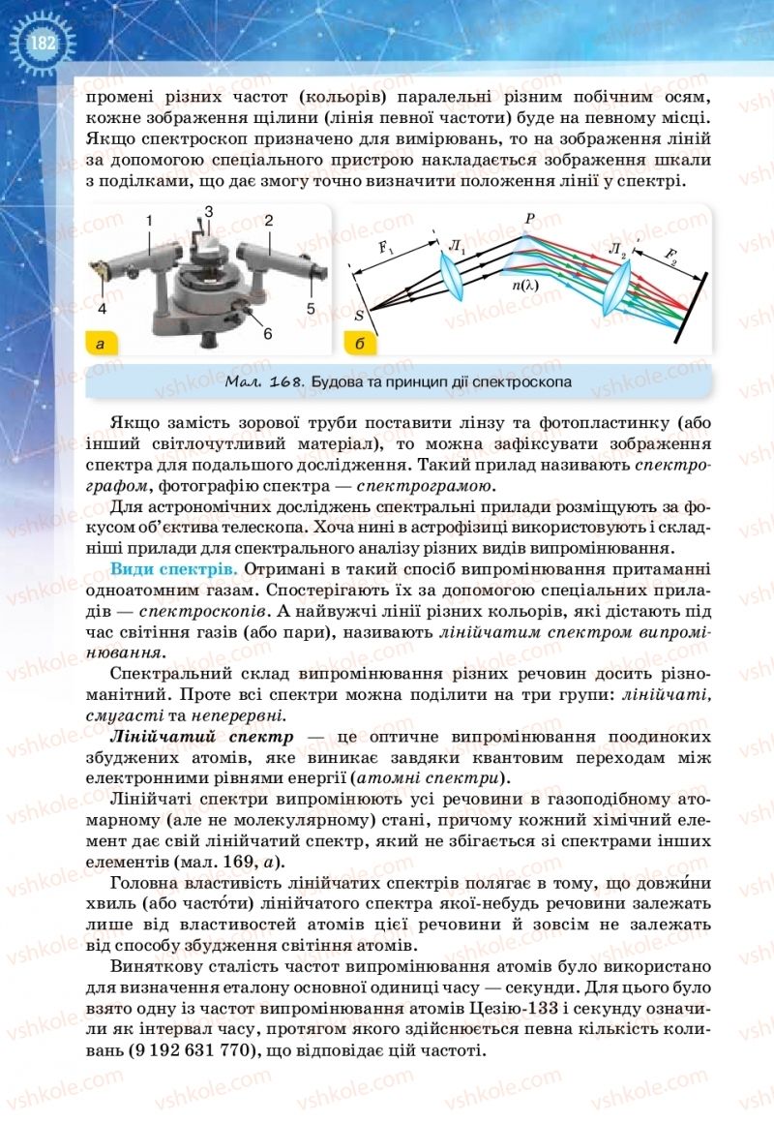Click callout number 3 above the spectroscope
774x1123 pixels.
click(208, 210)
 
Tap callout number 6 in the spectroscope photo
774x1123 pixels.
click(267, 333)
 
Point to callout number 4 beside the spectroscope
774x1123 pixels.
click(101, 309)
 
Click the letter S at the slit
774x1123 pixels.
click(360, 314)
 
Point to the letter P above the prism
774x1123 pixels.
click(529, 218)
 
